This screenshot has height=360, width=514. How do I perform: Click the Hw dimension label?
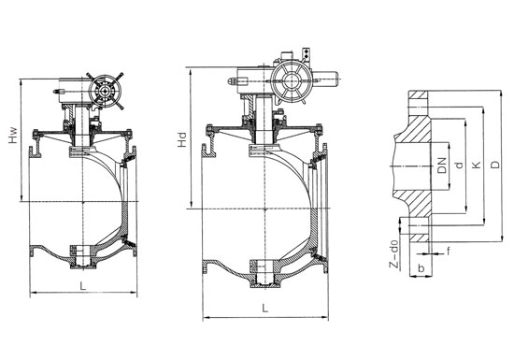pos(12,136)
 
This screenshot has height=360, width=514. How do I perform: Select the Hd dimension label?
pos(181,139)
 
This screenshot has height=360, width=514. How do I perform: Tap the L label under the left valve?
pos(83,285)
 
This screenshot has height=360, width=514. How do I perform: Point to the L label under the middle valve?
pos(264,308)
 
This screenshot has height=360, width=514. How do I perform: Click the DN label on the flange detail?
pos(443,166)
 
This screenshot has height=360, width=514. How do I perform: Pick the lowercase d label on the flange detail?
pos(460,165)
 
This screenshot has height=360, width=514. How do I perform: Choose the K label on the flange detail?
pos(477,165)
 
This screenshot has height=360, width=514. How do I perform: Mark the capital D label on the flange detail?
pos(495,165)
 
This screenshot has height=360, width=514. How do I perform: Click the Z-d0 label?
pos(395,254)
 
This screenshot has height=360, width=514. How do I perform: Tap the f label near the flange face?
pos(448,252)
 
